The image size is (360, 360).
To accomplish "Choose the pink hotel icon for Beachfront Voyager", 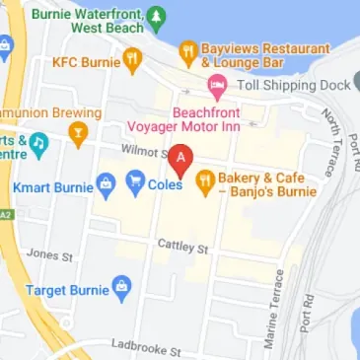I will pyautogui.click(x=215, y=89).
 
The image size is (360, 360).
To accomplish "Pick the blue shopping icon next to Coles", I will pyautogui.click(x=133, y=181).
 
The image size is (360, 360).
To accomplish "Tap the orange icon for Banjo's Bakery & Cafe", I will pyautogui.click(x=205, y=181).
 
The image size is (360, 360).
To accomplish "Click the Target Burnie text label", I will pyautogui.click(x=67, y=291).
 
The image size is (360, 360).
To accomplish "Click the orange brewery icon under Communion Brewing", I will pyautogui.click(x=77, y=131).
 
